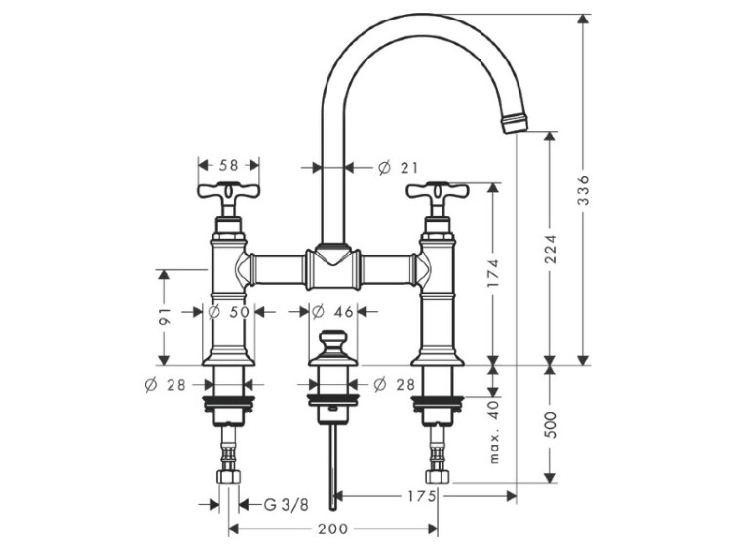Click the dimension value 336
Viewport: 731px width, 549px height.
click(583, 190)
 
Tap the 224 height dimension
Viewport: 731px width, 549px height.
click(551, 249)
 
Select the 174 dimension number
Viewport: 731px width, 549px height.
click(494, 273)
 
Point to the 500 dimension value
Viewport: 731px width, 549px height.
click(551, 424)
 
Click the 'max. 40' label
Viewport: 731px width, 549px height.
click(494, 432)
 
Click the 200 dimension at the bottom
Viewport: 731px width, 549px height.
click(333, 529)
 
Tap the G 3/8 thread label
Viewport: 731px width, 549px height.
click(287, 505)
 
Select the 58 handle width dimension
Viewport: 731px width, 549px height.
click(228, 165)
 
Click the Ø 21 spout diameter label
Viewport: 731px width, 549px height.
click(398, 168)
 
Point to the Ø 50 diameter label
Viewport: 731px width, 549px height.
click(228, 312)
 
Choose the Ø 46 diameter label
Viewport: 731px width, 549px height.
click(333, 312)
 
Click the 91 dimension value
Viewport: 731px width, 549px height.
click(164, 316)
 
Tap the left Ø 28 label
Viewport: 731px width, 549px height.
click(165, 385)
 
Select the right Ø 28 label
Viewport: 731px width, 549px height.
click(394, 385)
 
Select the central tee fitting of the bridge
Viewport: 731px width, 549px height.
click(333, 268)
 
